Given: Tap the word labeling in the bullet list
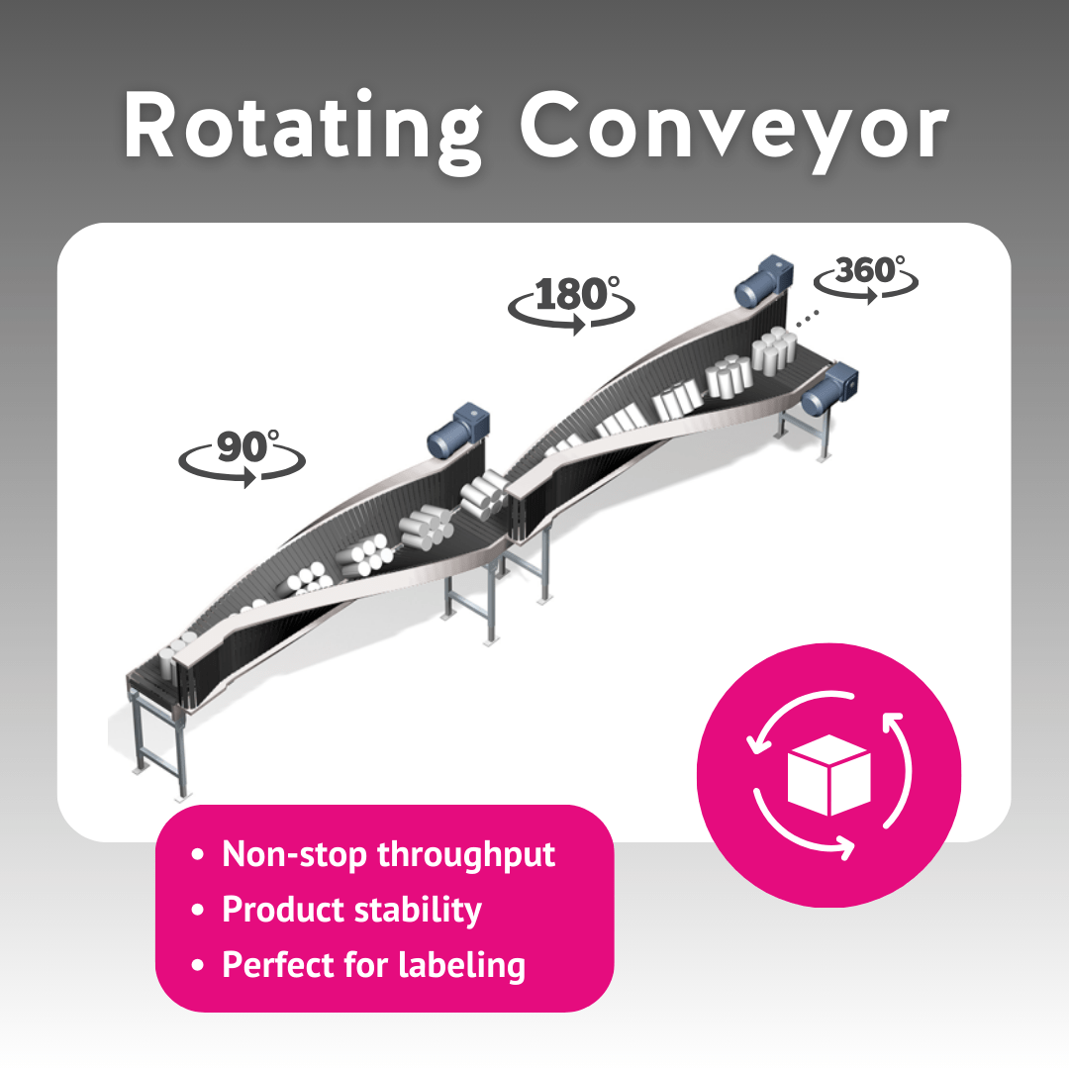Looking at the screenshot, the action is [x=456, y=964].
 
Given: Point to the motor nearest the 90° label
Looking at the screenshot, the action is [x=455, y=431].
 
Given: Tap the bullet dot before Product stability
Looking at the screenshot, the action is [x=200, y=909].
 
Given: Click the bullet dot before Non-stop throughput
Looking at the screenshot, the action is [x=200, y=854].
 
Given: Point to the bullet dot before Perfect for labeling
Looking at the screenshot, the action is [x=200, y=964].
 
